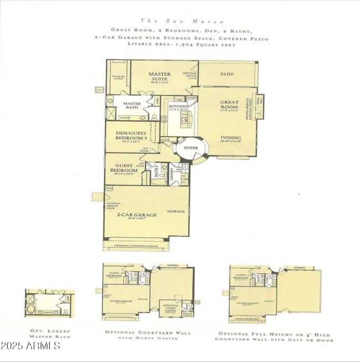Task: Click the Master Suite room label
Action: pos(159,77)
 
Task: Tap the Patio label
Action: pos(227,74)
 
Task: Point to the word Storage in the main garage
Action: pos(176,211)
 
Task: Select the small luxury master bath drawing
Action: pos(48,303)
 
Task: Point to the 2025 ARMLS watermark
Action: pos(30,346)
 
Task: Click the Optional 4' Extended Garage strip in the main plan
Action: pos(136,244)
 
